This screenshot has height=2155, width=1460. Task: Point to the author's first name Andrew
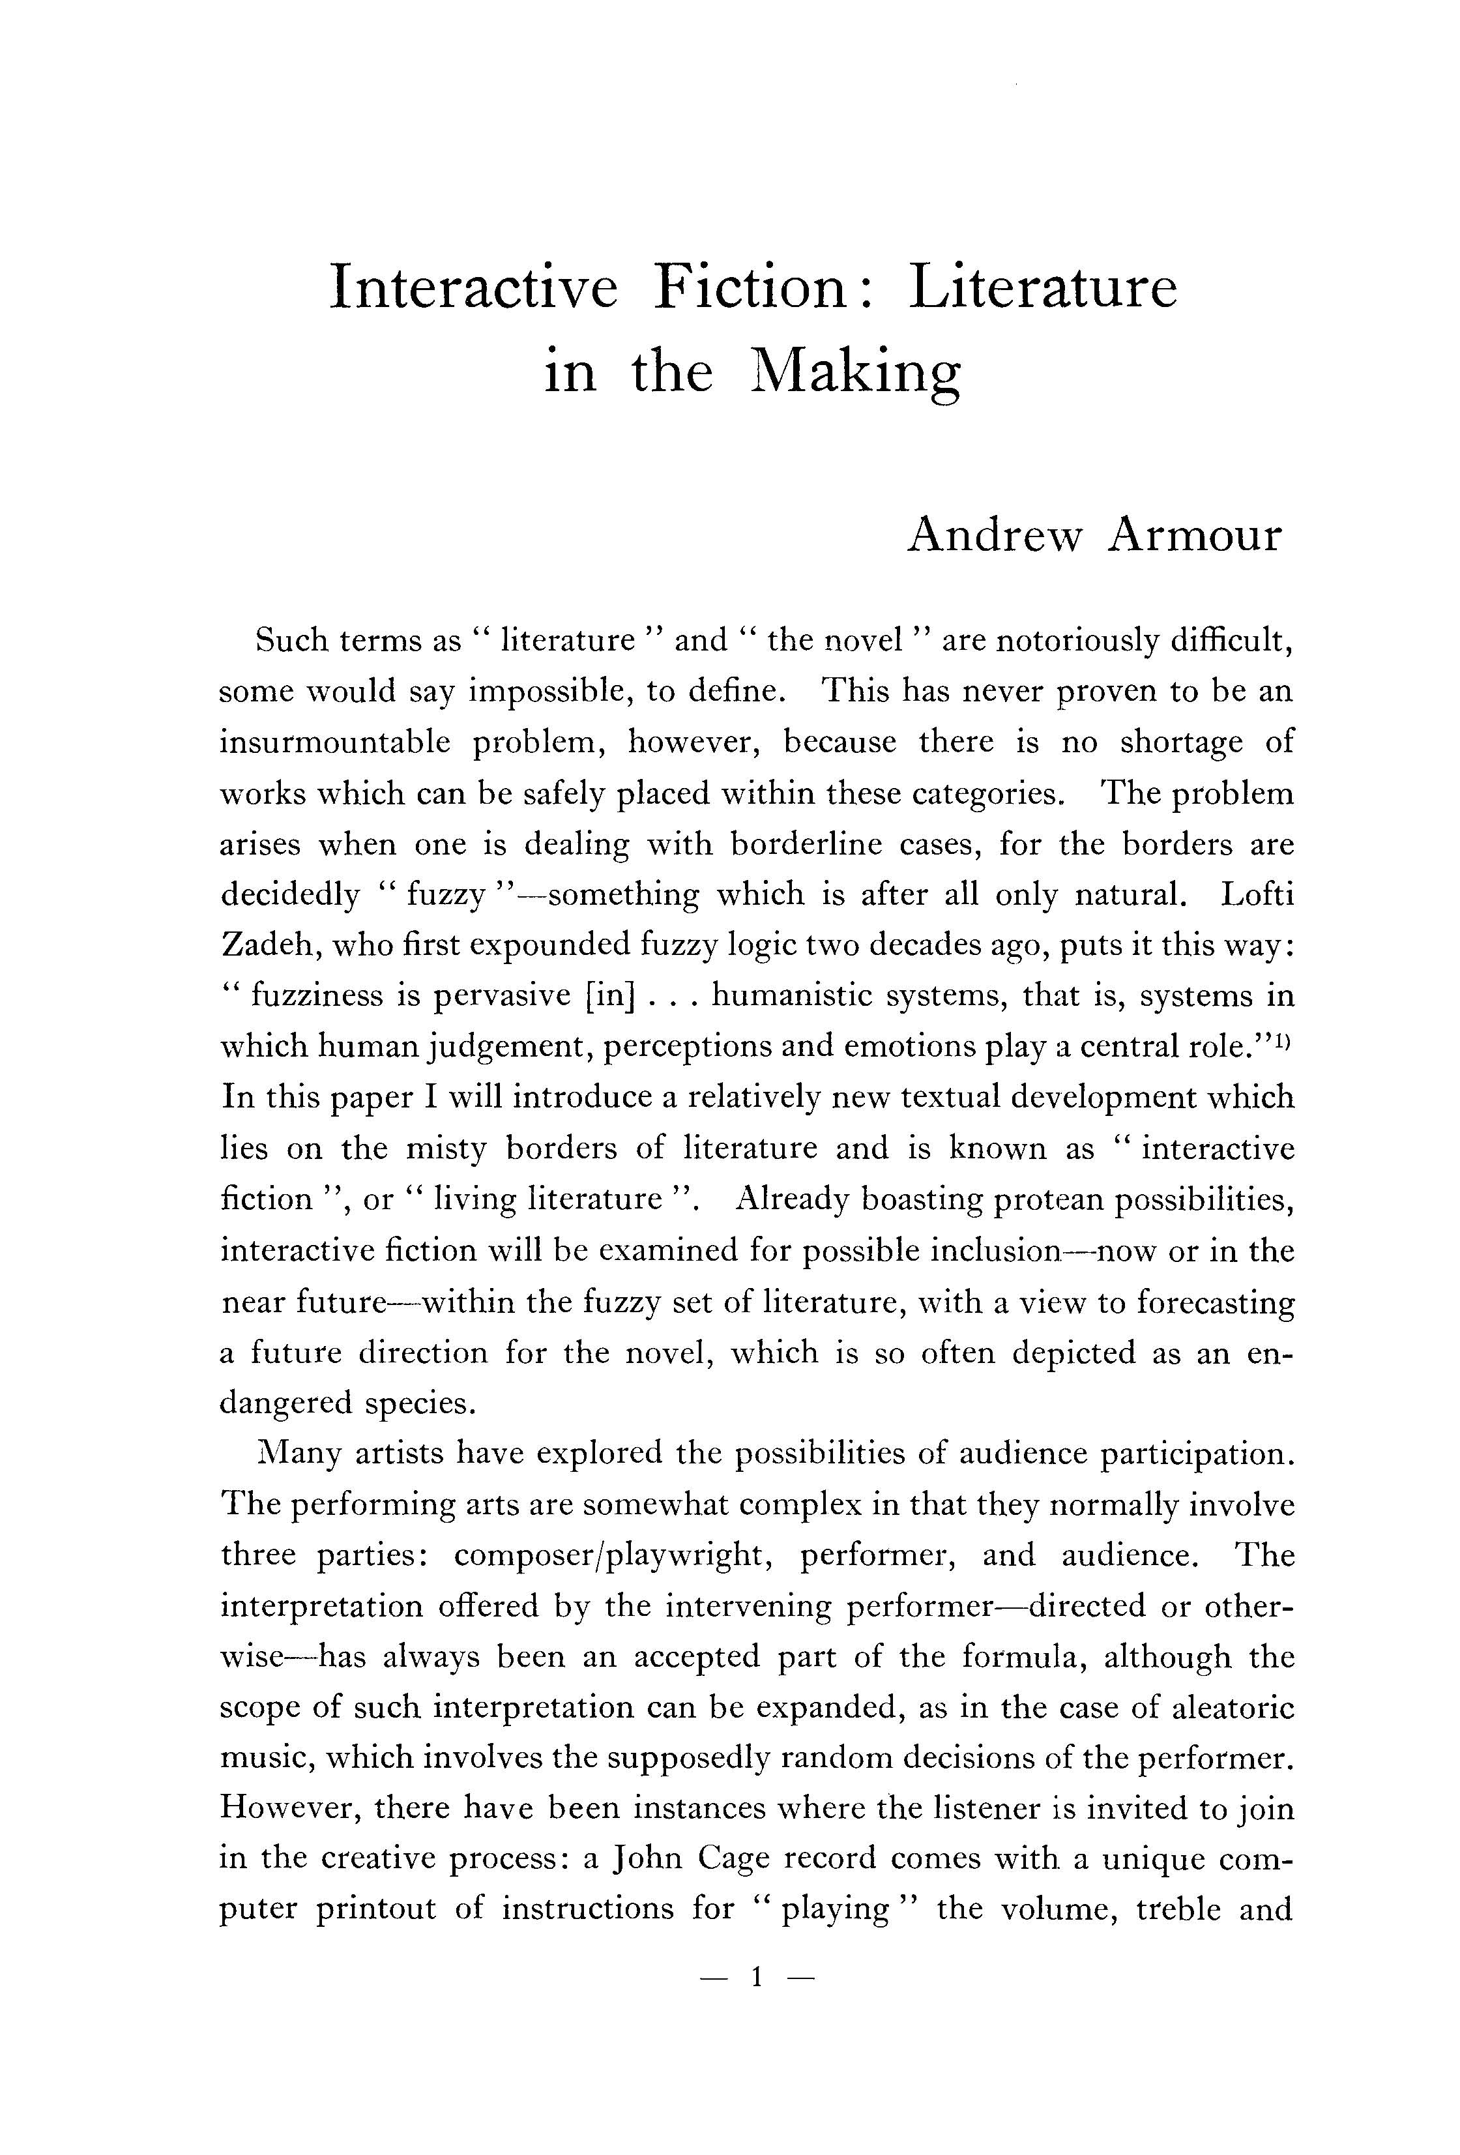pyautogui.click(x=994, y=535)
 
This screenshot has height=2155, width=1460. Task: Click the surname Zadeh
pyautogui.click(x=264, y=945)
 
